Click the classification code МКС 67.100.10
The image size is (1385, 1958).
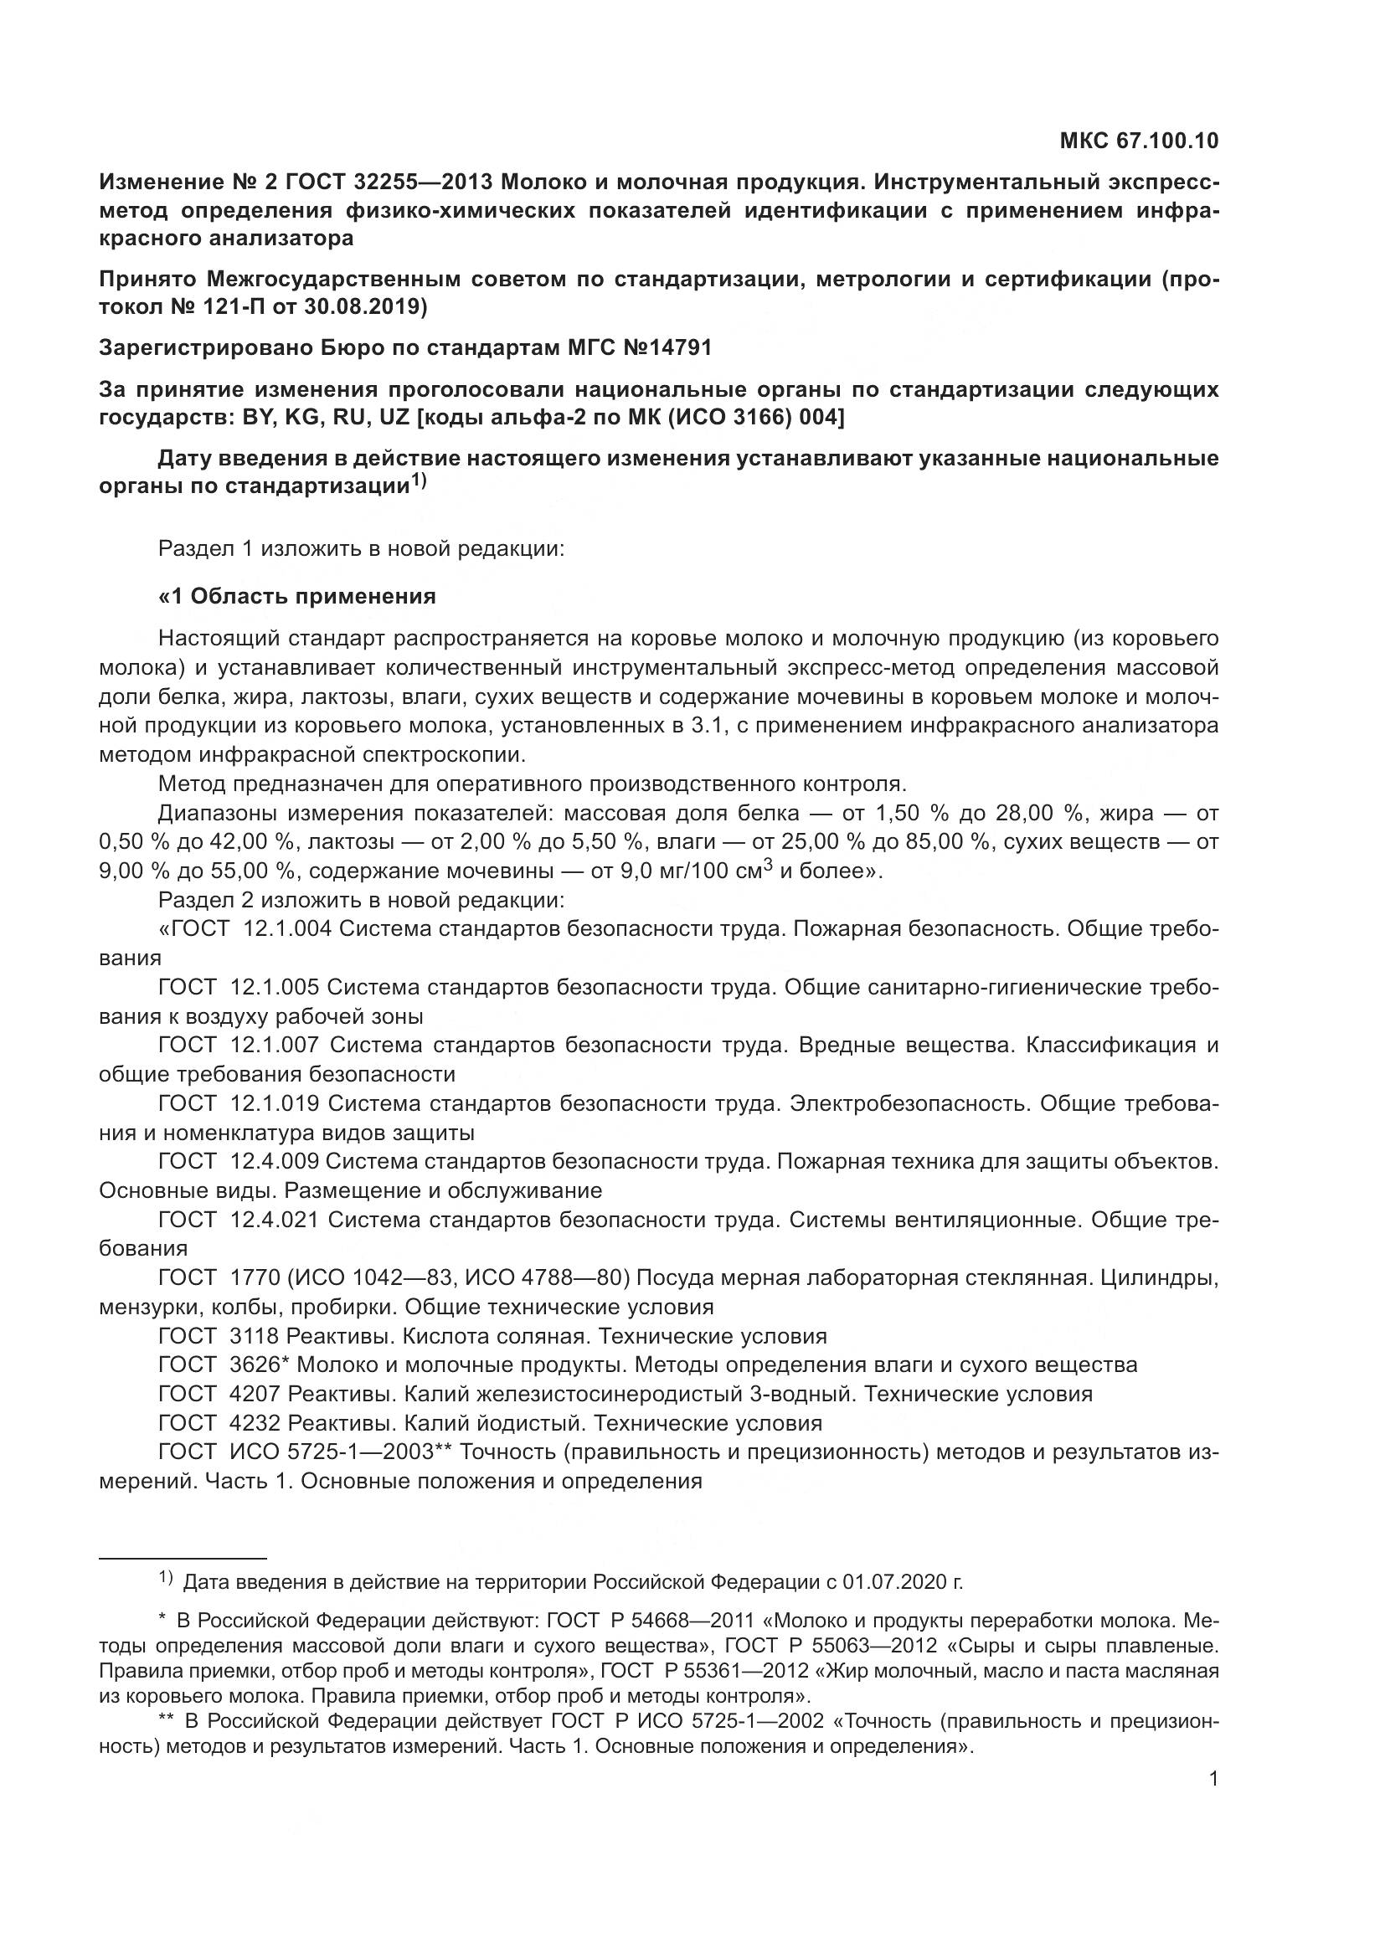click(1139, 141)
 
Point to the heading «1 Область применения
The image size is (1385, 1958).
click(296, 596)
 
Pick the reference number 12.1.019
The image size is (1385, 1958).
click(275, 1103)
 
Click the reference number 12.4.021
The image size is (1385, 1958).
click(275, 1220)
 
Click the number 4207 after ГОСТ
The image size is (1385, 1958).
click(256, 1394)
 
